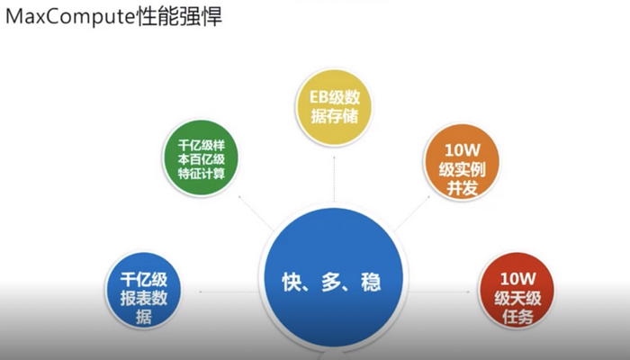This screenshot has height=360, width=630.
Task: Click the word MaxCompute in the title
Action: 70,17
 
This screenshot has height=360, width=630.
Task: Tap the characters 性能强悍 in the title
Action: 179,17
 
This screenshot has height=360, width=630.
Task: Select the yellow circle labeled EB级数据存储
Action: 334,107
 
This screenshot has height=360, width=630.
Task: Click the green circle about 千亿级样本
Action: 201,157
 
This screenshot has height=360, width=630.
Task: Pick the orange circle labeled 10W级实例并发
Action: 462,162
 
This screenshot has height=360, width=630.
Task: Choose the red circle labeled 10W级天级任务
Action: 517,291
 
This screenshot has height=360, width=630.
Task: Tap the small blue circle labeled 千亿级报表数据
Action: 143,291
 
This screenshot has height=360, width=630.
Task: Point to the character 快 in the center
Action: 292,282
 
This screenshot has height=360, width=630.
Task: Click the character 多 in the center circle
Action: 331,282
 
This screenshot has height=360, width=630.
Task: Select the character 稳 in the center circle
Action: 371,282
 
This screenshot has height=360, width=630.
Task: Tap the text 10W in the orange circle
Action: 463,150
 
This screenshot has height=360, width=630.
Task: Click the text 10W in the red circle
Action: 517,278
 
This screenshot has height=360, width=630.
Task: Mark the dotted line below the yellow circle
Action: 334,179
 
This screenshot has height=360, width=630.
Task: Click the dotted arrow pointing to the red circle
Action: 439,292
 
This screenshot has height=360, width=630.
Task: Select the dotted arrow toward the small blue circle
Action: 229,292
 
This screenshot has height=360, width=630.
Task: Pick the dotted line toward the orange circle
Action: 412,213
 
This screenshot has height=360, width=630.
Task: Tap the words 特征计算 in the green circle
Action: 202,174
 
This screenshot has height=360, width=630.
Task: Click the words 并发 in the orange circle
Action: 462,188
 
